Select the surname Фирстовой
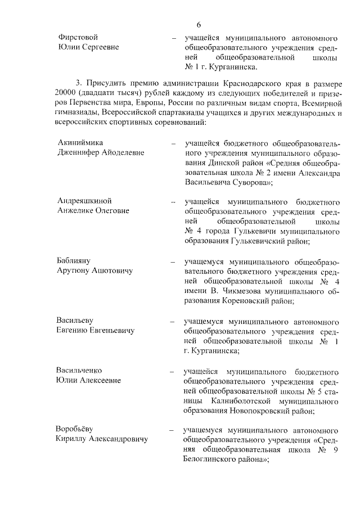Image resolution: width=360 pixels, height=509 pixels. (79, 37)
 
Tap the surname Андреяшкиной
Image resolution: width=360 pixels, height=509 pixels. (84, 201)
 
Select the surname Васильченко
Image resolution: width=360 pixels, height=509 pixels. (79, 372)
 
